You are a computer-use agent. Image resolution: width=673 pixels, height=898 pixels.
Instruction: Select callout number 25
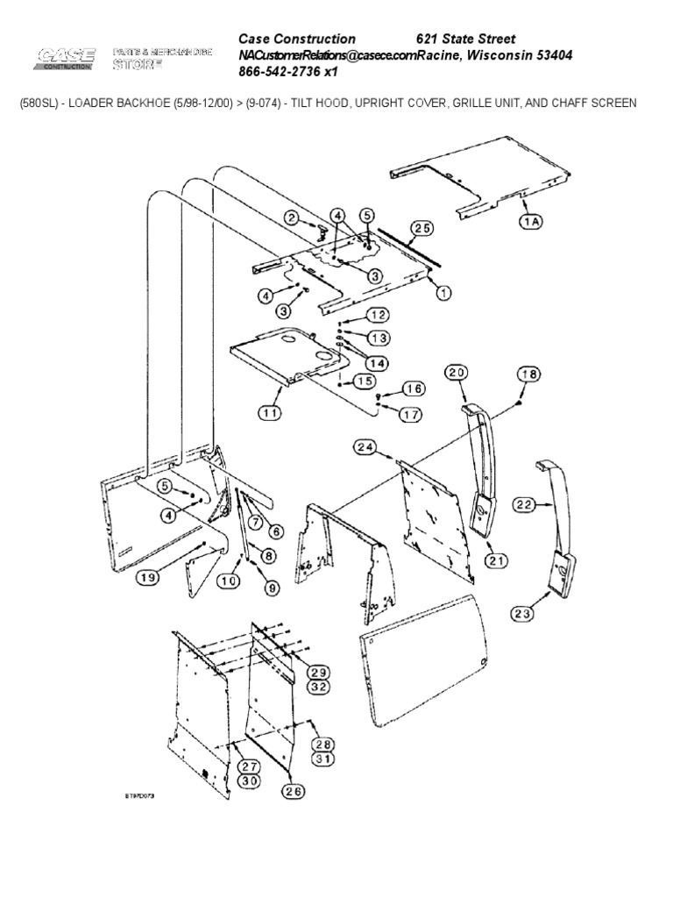click(x=422, y=229)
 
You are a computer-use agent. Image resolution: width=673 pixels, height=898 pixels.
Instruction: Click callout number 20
click(x=457, y=373)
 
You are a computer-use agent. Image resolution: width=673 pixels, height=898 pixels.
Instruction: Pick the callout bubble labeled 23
click(x=523, y=614)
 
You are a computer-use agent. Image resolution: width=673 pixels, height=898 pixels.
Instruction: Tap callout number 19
click(x=148, y=576)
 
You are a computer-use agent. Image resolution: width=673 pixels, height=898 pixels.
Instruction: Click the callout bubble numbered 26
click(x=294, y=792)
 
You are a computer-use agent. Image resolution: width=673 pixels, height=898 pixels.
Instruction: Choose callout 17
click(x=410, y=415)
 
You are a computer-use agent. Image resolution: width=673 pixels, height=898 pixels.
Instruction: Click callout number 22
click(x=524, y=504)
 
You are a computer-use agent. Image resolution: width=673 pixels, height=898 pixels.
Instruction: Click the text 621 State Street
click(x=464, y=39)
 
